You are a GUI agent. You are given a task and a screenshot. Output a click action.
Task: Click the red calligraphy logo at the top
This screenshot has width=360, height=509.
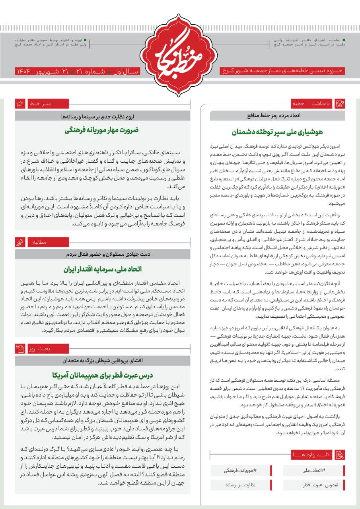pos(180,56)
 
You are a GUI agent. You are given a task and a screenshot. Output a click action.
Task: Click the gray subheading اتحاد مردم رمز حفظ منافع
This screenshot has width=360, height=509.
pos(277,116)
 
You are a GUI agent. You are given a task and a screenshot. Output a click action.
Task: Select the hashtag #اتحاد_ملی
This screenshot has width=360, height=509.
pos(314,470)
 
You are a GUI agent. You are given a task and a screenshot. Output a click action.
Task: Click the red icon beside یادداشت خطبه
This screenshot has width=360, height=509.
pos(340,104)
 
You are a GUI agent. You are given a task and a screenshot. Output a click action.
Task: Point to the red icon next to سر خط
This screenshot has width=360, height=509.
pos(20,104)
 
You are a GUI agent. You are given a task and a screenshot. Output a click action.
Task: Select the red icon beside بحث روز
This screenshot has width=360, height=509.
pos(20,349)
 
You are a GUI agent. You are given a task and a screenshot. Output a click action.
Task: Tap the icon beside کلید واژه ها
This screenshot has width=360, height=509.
pos(340,454)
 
